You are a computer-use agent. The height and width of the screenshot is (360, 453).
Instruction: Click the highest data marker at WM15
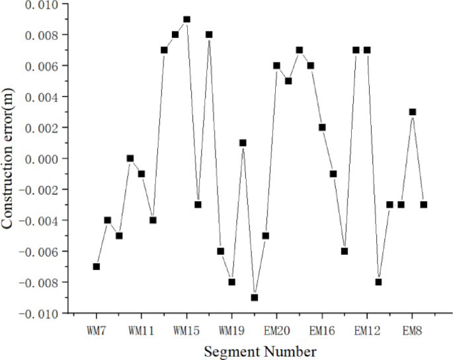(186, 19)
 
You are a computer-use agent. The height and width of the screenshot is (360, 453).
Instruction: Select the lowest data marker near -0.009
(255, 297)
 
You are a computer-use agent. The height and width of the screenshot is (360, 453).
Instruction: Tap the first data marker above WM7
(97, 266)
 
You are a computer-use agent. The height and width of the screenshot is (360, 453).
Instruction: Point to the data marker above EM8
(412, 112)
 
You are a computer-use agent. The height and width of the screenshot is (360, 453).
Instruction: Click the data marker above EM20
(276, 66)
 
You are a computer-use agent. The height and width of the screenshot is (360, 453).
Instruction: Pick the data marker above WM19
(231, 282)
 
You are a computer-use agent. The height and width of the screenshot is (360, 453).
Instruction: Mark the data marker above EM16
(322, 127)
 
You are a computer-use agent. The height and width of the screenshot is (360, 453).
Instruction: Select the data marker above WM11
(142, 173)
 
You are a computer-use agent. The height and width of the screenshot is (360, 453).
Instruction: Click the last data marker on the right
(423, 204)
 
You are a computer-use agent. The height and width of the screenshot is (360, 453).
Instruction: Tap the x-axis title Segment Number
(260, 351)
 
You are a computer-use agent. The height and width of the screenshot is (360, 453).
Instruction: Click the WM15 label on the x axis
(186, 330)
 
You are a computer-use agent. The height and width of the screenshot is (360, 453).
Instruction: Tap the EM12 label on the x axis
(367, 330)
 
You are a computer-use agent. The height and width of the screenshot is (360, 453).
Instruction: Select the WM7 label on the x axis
(97, 330)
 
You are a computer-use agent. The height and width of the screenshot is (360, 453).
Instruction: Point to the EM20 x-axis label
(276, 330)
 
